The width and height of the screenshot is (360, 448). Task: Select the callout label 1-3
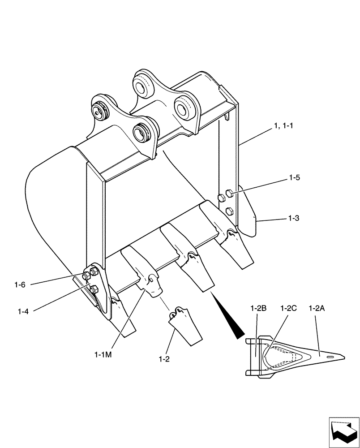[x=294, y=219]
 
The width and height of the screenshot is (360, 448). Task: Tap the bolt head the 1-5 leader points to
[x=228, y=194]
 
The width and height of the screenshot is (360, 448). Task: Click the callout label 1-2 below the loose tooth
[x=164, y=359]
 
